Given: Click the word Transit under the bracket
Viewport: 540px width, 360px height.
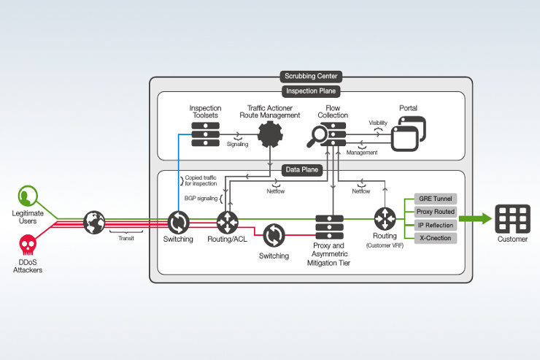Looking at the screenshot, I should point(126,237).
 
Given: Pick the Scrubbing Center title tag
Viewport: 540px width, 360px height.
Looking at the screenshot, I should point(310,76).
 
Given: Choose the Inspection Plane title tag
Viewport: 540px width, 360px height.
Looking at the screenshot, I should point(310,91).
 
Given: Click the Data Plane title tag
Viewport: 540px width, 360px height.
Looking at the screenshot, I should point(301,170).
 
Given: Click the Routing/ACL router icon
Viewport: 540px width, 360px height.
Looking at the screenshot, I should point(228,221).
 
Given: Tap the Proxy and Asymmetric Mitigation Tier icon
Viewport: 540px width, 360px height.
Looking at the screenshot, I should point(330,227).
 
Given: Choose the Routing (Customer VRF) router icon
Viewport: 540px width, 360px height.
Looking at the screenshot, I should point(385,219).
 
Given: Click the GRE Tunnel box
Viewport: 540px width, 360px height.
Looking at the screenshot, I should point(436,198).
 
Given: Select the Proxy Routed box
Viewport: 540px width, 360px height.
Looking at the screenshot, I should point(436,212).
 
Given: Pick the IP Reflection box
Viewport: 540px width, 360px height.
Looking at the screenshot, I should point(436,225).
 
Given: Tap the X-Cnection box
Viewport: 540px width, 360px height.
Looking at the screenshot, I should point(436,238).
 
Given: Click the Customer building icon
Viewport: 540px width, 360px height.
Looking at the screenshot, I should point(512,218).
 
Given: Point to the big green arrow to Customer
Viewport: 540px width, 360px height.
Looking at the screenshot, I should point(474,218).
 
